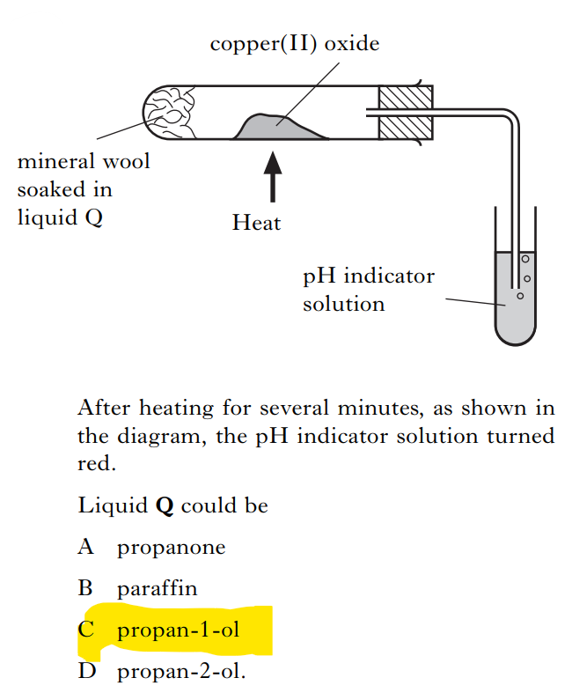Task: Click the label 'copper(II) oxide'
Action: (x=295, y=44)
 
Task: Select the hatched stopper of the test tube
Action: (x=406, y=112)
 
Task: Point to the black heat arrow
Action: (x=274, y=173)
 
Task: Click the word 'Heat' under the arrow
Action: (x=256, y=224)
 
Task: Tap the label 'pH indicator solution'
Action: (x=368, y=290)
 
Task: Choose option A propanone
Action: (x=171, y=548)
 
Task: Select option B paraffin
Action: (x=157, y=588)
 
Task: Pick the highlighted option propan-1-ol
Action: (x=178, y=630)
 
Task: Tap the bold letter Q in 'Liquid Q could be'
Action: (x=163, y=506)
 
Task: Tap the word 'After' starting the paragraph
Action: (x=102, y=409)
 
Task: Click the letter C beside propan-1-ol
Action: (x=86, y=630)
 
